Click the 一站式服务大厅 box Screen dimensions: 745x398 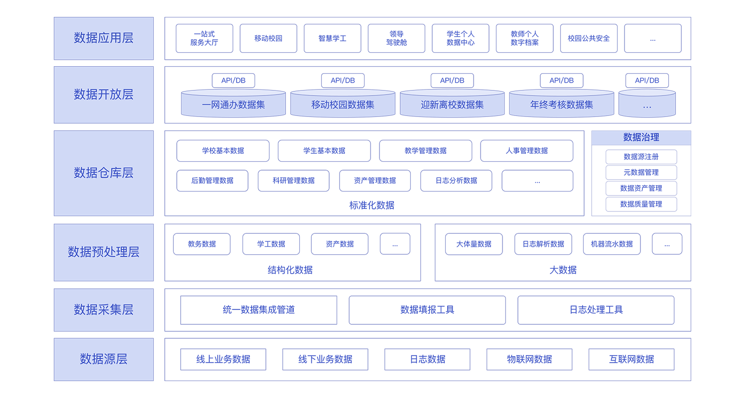point(204,38)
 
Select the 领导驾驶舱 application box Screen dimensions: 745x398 point(396,38)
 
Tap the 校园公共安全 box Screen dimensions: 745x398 point(589,38)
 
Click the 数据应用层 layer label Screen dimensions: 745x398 point(104,38)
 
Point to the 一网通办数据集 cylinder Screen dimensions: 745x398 point(234,103)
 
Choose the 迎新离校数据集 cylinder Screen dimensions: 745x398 point(452,103)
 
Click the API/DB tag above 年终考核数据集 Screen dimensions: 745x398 point(561,81)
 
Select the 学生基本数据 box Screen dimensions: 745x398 point(324,151)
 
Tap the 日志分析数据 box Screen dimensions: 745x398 point(456,181)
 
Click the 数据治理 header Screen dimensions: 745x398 point(641,137)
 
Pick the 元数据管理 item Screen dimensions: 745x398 point(641,173)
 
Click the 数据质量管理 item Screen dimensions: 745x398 point(641,204)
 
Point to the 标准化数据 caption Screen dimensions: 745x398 point(372,205)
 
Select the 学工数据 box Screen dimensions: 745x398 point(271,244)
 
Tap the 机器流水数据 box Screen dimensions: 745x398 point(612,244)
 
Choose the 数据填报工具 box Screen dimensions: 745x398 point(427,310)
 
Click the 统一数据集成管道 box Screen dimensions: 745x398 point(259,310)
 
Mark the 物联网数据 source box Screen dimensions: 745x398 point(529,360)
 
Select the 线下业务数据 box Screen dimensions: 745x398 point(325,360)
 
